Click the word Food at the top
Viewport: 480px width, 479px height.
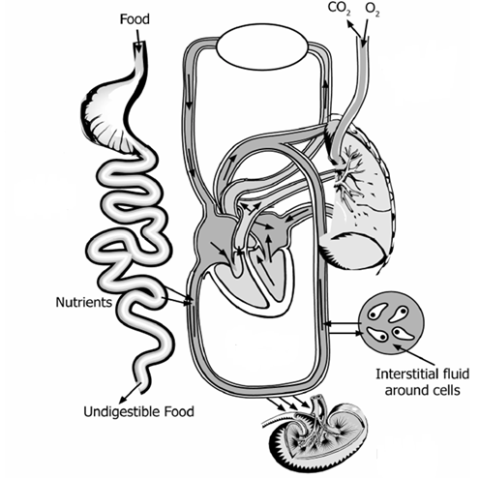(x=135, y=19)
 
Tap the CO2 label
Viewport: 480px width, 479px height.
(x=339, y=9)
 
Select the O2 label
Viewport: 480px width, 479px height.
(x=373, y=10)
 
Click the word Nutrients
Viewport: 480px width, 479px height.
(x=84, y=302)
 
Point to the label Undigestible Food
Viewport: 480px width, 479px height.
(x=138, y=411)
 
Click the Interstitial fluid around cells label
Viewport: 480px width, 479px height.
(x=422, y=382)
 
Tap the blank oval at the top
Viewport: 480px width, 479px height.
(x=262, y=46)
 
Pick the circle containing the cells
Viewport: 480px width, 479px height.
(x=391, y=324)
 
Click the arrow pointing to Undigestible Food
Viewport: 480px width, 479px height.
(x=131, y=393)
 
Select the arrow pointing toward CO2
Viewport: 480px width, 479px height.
(x=354, y=28)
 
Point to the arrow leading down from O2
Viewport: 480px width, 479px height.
(x=365, y=32)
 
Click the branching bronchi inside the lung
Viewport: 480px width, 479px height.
(x=348, y=174)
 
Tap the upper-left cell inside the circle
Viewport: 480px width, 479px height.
(x=376, y=312)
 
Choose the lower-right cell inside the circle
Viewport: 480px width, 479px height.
(x=403, y=334)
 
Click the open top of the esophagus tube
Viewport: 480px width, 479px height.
(x=139, y=44)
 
